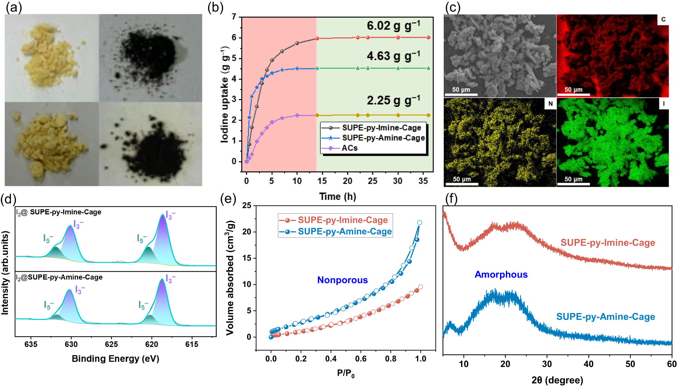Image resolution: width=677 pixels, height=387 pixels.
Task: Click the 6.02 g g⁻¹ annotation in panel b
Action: click(x=393, y=26)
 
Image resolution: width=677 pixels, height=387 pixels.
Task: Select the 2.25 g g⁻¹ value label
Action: click(x=393, y=100)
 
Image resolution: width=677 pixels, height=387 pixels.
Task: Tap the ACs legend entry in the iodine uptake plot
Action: click(x=349, y=148)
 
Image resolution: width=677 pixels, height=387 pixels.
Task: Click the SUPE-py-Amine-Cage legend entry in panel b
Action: click(x=383, y=138)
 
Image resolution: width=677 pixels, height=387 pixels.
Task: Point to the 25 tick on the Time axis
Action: click(x=373, y=181)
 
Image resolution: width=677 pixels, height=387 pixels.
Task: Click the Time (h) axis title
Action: click(x=337, y=196)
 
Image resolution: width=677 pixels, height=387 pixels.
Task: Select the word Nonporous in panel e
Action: click(x=342, y=280)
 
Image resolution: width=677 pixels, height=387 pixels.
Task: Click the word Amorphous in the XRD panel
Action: click(x=501, y=274)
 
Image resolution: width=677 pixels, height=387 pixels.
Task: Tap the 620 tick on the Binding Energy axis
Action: click(x=151, y=344)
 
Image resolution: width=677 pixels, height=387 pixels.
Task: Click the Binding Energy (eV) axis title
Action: click(x=115, y=359)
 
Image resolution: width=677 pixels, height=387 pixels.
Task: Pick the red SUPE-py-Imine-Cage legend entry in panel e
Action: click(x=342, y=220)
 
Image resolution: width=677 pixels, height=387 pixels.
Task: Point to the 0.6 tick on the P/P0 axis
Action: click(x=361, y=359)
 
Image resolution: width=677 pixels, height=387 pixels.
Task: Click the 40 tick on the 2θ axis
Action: click(x=589, y=364)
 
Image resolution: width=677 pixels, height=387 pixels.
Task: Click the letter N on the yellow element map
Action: click(x=550, y=104)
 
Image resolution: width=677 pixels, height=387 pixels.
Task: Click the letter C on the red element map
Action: click(x=663, y=20)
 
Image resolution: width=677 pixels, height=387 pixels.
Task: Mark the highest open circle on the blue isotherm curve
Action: click(x=420, y=223)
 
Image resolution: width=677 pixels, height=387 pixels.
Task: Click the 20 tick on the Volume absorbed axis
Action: click(x=247, y=232)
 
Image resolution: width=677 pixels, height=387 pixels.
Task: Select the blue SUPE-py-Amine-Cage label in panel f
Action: click(x=606, y=317)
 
